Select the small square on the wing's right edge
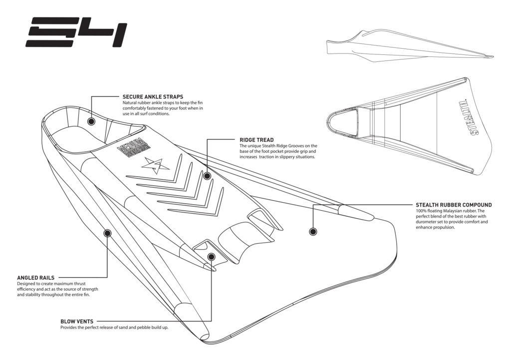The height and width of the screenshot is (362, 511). coord(368,216)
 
